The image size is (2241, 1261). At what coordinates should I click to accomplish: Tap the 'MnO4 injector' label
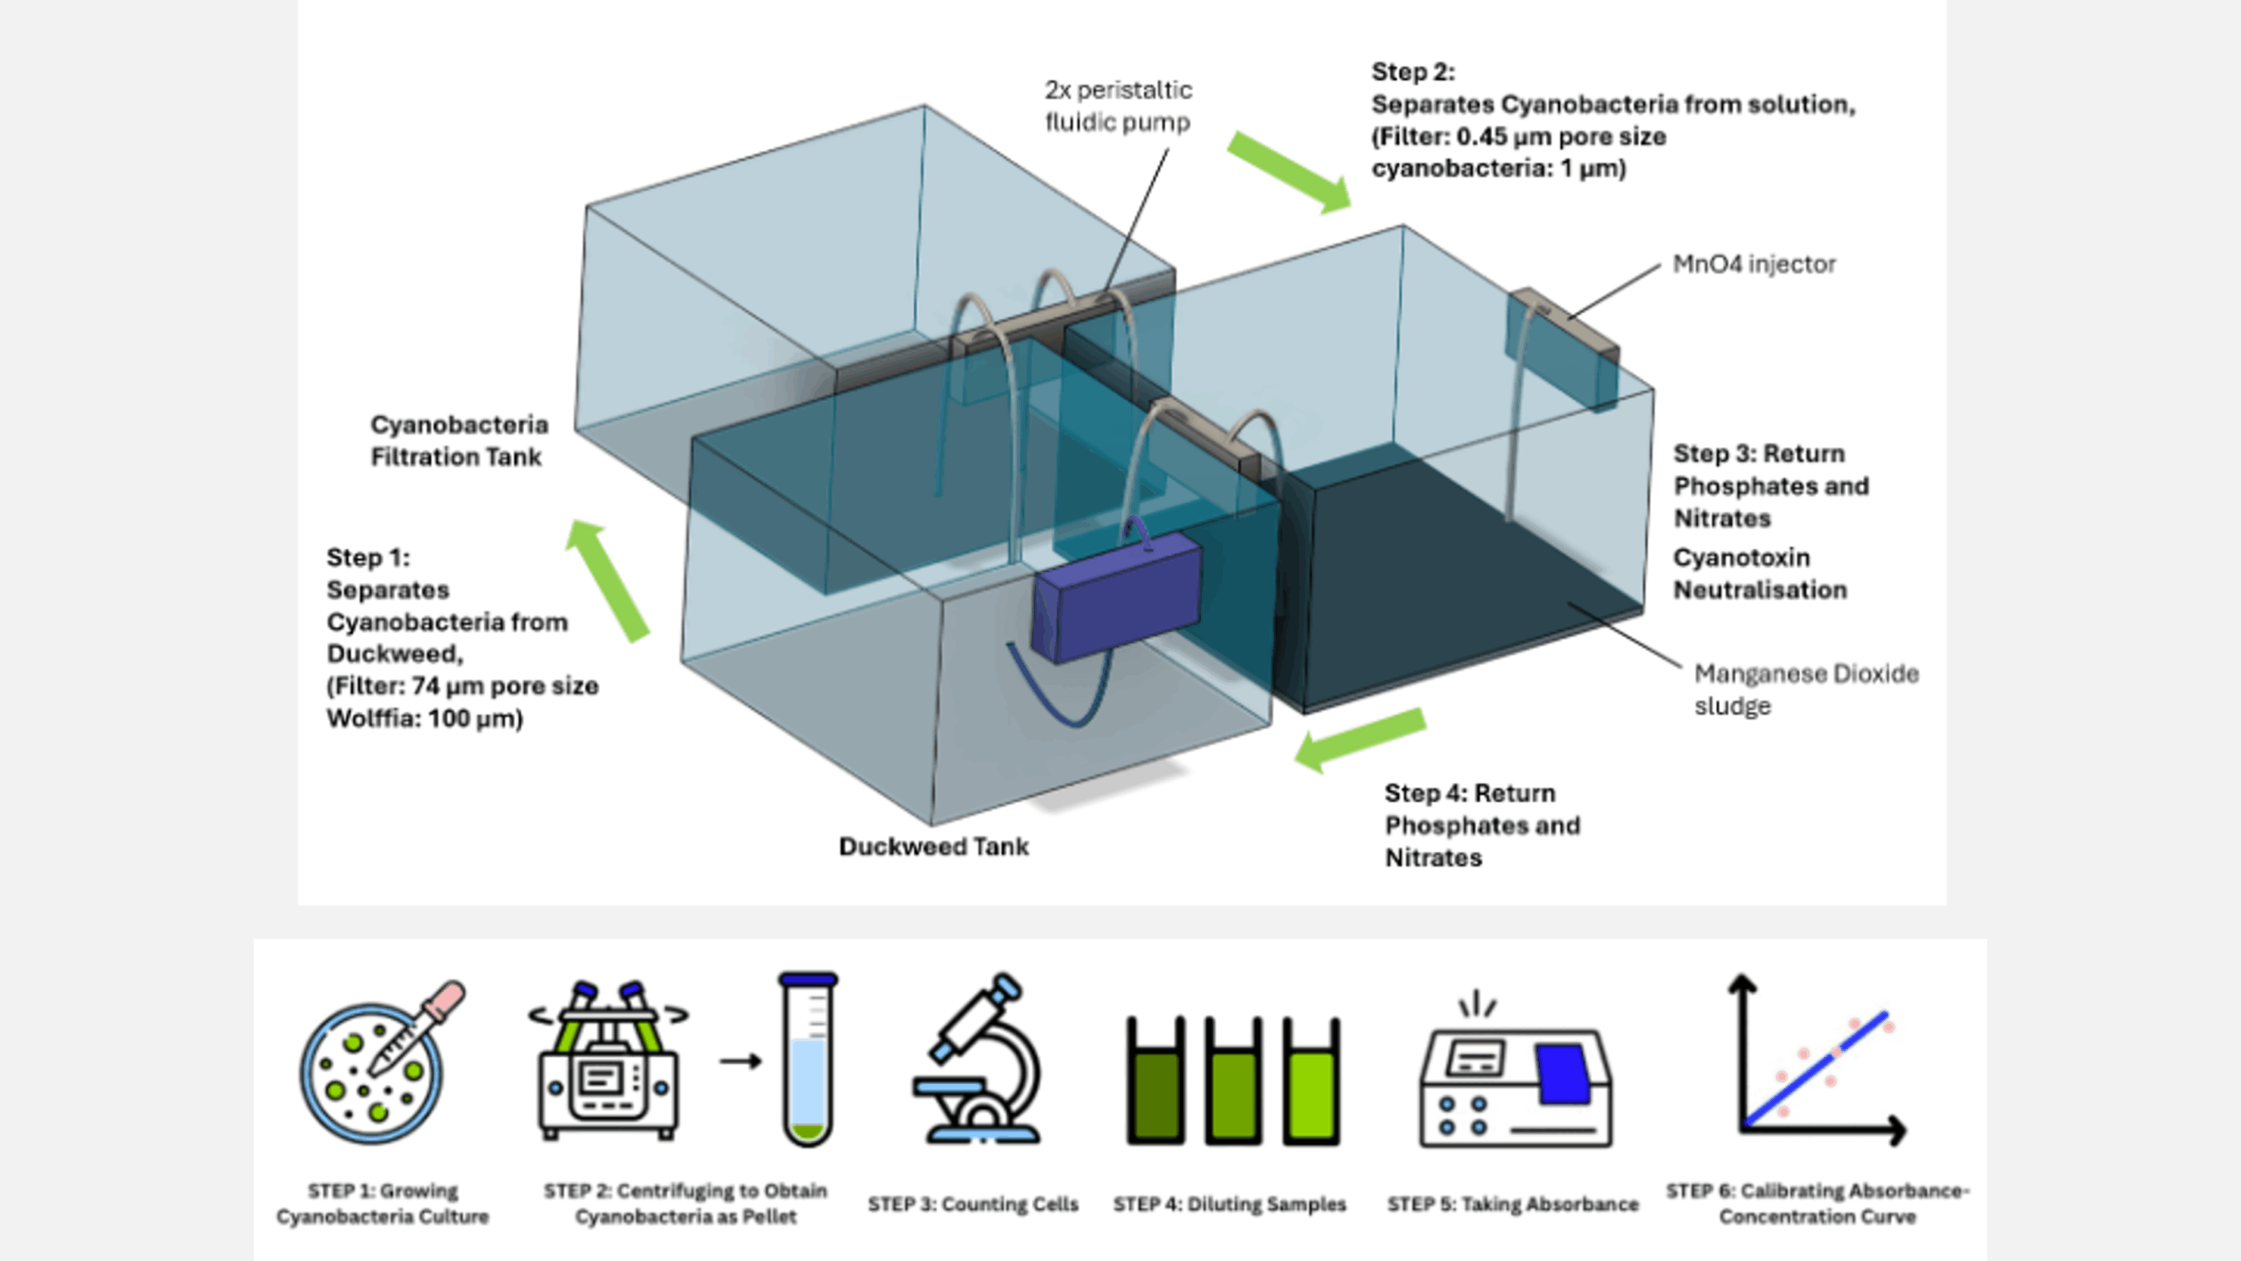[1753, 264]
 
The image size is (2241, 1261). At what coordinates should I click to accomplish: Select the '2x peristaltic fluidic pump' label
[1118, 106]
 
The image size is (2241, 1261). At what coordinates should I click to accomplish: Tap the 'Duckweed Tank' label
[933, 847]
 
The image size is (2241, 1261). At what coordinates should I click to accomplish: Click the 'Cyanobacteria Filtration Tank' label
[458, 440]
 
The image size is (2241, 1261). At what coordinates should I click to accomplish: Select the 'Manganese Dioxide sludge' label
[1805, 689]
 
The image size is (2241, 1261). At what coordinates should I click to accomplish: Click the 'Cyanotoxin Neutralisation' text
[1760, 574]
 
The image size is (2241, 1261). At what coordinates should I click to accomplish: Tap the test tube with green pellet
[807, 1060]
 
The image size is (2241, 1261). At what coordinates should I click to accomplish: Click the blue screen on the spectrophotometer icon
[1563, 1073]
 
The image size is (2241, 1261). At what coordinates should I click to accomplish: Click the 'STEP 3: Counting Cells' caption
[973, 1204]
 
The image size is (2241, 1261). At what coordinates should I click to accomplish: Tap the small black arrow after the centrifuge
[741, 1061]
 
